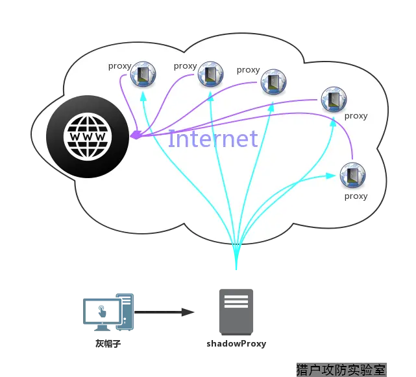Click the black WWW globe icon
coord(87,137)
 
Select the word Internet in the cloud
coord(213,139)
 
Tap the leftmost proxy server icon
coord(143,74)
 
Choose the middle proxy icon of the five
coord(273,82)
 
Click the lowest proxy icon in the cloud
coord(352,175)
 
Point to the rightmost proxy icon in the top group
coord(334,99)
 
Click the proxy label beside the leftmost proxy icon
coord(119,66)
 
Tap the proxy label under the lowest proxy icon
coord(356,196)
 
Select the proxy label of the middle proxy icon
coord(248,70)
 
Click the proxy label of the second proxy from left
coord(185,66)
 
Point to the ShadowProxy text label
coord(236,343)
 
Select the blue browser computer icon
coord(108,311)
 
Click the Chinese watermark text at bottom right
coord(341,370)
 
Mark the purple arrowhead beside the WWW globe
coord(136,135)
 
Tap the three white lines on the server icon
coord(236,302)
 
